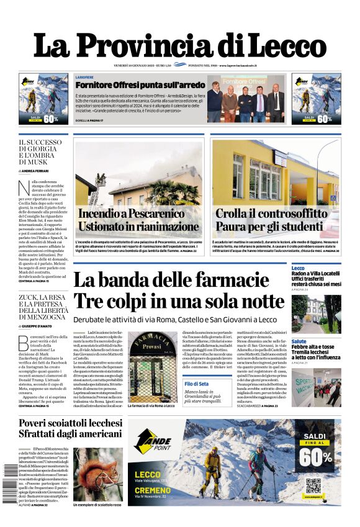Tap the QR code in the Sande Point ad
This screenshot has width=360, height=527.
[x=313, y=485]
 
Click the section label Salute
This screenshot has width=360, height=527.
[x=299, y=341]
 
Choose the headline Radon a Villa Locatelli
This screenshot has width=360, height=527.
[x=316, y=274]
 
